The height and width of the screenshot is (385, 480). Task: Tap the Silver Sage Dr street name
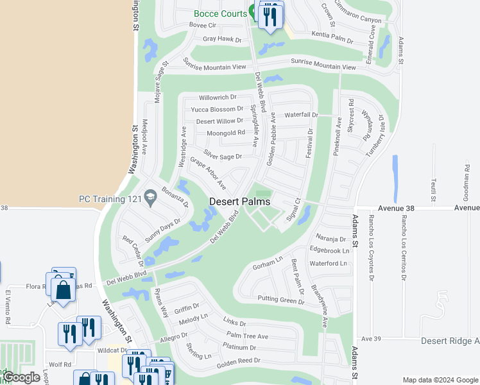coord(223,155)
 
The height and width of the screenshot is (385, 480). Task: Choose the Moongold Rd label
coord(225,133)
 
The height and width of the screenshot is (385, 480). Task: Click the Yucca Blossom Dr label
coord(217,109)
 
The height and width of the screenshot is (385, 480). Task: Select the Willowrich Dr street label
coord(218,97)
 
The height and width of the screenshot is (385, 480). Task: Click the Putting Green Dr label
coord(281,299)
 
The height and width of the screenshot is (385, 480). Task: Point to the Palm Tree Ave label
coord(247,336)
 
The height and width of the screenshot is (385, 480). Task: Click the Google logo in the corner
coord(21,377)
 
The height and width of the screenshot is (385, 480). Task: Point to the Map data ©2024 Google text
coord(440,380)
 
